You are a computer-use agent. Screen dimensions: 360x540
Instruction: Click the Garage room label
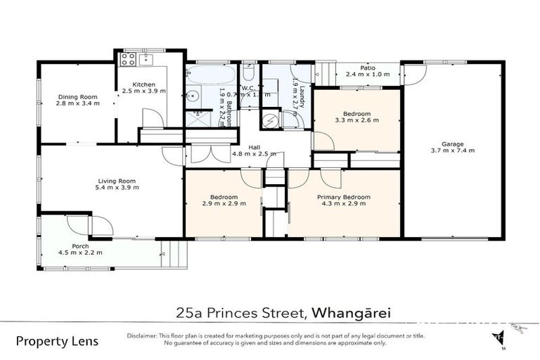click(456, 142)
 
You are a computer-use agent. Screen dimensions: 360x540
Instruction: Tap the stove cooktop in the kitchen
click(128, 59)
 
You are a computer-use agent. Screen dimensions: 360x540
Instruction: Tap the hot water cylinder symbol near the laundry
click(270, 120)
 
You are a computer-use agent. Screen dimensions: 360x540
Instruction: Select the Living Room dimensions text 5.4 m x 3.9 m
click(117, 187)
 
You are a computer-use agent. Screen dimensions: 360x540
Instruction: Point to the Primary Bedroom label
click(343, 197)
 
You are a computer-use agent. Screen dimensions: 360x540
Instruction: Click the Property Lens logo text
click(57, 342)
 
